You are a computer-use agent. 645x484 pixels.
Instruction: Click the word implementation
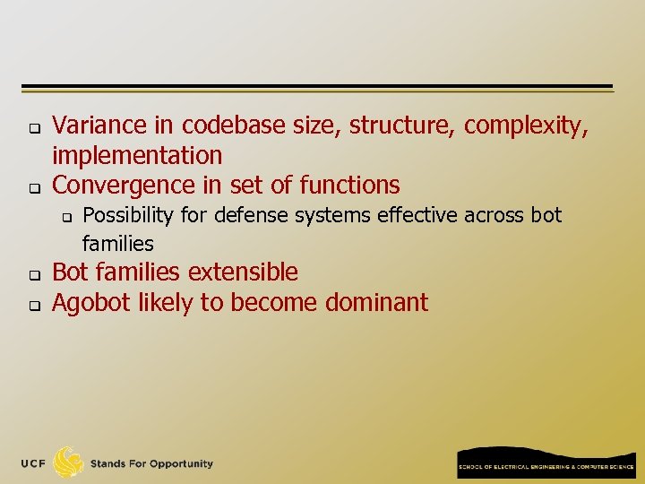click(137, 156)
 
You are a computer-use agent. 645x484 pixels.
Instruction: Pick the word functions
click(350, 186)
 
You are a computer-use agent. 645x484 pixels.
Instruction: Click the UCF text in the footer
click(35, 464)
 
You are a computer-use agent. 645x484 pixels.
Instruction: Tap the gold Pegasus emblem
click(68, 462)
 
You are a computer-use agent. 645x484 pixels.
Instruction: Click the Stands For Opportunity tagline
click(151, 464)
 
